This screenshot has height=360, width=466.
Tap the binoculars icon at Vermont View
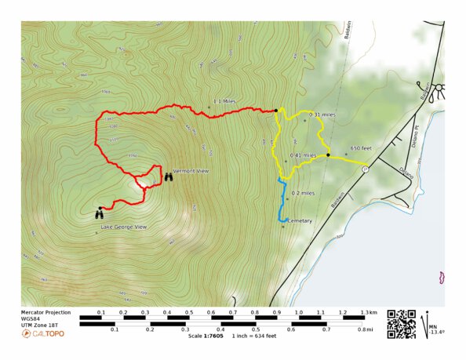(169, 177)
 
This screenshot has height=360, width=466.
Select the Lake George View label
(123, 227)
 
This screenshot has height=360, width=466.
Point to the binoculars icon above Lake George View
(100, 213)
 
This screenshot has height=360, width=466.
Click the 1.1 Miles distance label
(224, 101)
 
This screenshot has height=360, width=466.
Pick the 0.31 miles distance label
(322, 115)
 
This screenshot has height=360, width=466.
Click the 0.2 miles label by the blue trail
(303, 193)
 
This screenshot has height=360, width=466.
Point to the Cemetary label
(300, 221)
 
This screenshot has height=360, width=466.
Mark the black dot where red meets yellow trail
(276, 111)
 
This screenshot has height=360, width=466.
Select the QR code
(401, 325)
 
